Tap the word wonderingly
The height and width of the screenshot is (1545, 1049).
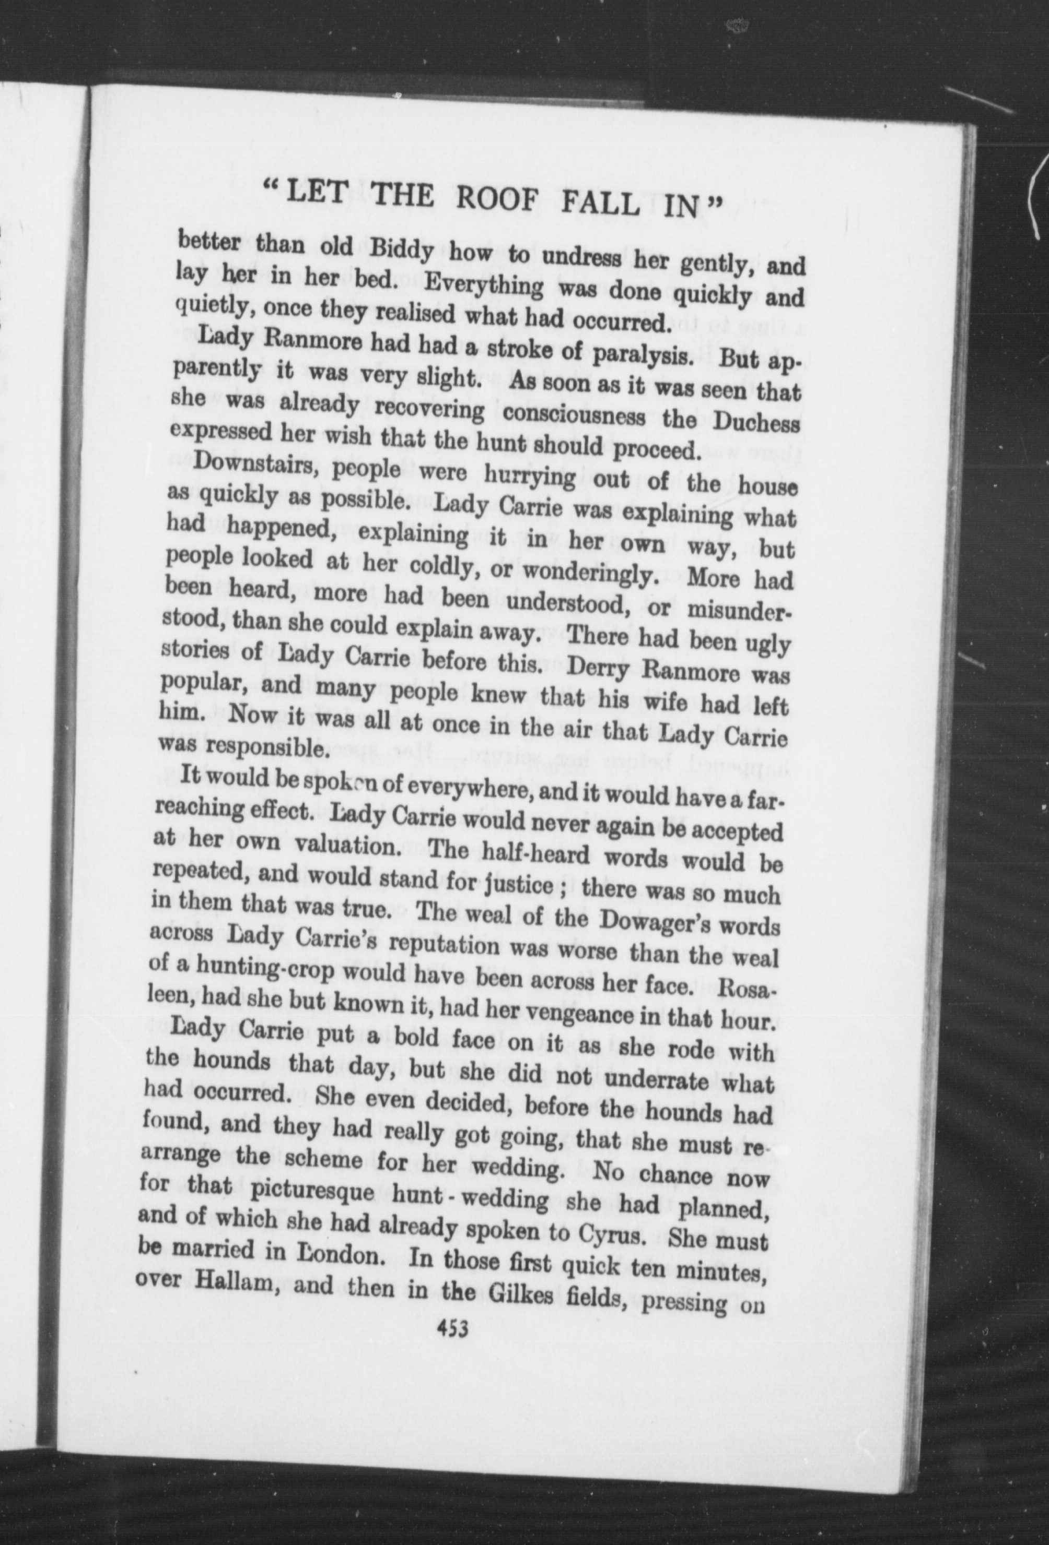586,572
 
